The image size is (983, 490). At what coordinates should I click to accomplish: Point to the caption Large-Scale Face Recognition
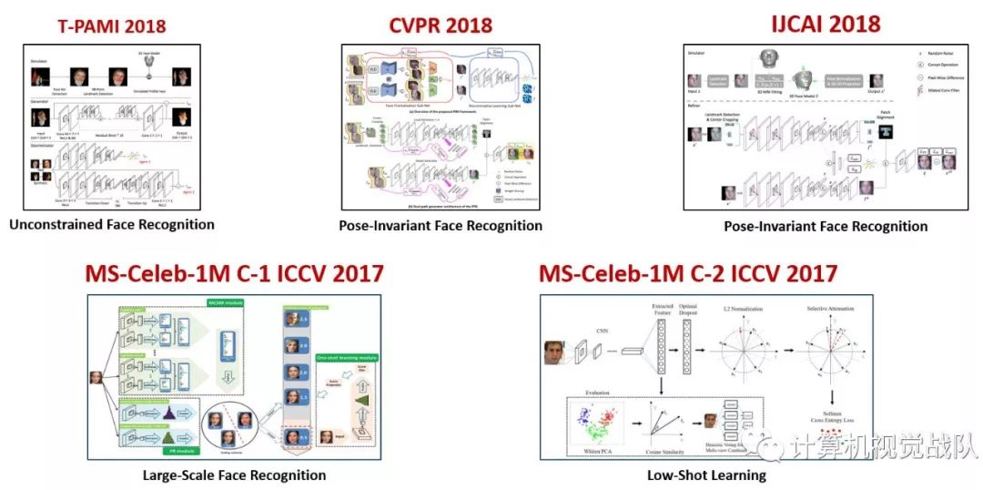coord(235,475)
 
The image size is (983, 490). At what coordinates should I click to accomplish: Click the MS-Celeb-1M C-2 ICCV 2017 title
coord(688,272)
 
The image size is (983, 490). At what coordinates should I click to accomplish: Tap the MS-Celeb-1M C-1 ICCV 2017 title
coord(234,272)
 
